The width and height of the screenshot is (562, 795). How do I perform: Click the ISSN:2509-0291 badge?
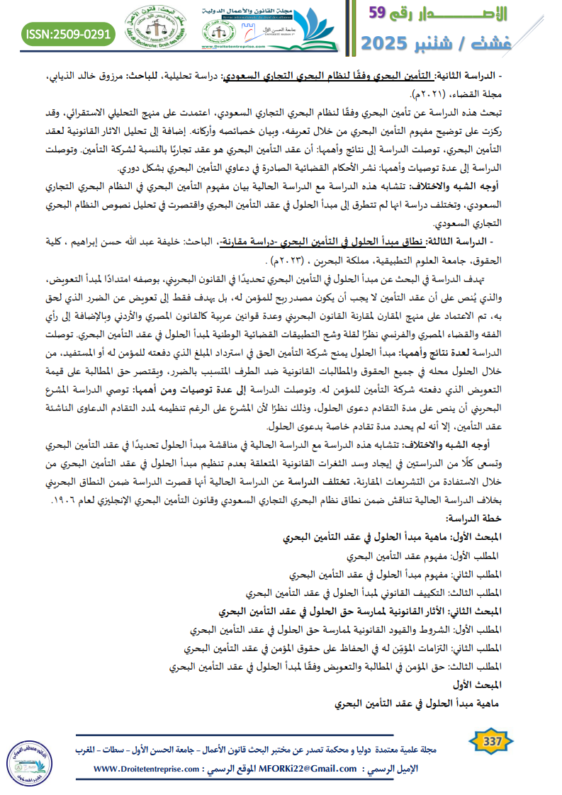[69, 33]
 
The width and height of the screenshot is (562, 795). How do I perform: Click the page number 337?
[492, 742]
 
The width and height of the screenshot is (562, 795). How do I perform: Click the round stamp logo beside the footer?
[30, 758]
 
